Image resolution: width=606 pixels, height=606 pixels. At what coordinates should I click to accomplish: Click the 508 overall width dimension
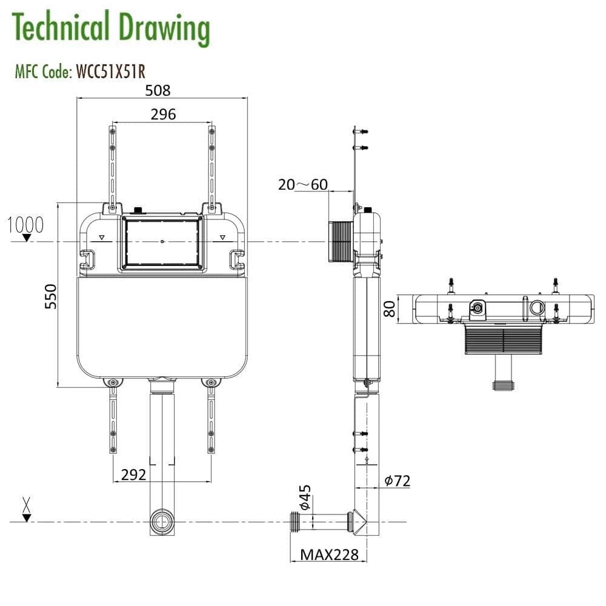tap(158, 90)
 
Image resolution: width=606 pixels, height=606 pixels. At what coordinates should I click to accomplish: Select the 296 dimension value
tap(163, 114)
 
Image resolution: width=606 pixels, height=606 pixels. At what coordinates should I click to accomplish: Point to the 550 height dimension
tap(52, 296)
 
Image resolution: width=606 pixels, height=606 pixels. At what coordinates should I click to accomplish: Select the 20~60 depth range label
tap(302, 184)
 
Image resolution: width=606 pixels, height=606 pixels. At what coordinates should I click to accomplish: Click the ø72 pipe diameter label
tap(397, 481)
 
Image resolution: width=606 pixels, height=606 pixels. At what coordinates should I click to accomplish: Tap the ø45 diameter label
tap(305, 497)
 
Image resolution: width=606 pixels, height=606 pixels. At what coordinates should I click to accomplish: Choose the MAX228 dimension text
tap(330, 554)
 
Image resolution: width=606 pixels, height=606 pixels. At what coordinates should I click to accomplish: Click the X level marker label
tap(26, 502)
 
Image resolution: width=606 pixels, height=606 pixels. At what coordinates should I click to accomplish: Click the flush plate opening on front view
tap(162, 242)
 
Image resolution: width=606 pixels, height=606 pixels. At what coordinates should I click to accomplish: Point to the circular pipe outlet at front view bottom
tap(162, 521)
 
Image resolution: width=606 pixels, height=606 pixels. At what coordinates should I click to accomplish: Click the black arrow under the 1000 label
tap(26, 238)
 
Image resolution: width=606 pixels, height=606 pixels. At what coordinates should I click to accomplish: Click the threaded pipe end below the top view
tap(504, 384)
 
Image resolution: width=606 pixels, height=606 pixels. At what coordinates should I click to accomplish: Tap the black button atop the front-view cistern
tap(138, 210)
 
